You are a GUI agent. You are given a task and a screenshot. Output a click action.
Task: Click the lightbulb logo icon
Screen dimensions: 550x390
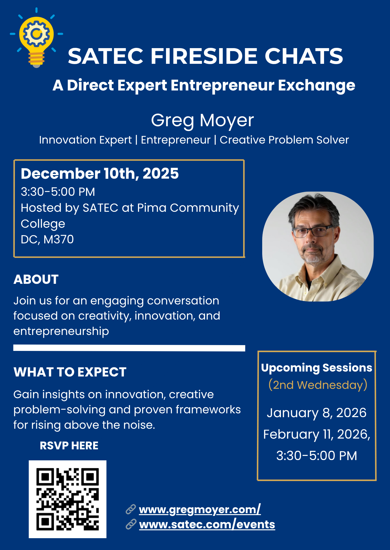(36, 38)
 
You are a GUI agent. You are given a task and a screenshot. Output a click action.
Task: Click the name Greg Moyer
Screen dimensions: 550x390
(202, 120)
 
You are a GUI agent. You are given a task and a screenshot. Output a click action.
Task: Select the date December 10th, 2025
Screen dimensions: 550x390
(100, 174)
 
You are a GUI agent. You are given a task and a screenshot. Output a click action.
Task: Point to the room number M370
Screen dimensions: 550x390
(59, 239)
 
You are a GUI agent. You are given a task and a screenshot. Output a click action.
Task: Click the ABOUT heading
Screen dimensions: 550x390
(36, 279)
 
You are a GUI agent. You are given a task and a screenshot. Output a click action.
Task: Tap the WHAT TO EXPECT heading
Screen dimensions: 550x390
(70, 372)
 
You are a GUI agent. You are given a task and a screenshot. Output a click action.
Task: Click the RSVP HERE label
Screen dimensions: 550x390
(69, 446)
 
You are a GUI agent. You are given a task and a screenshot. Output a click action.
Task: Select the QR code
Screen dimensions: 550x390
(68, 499)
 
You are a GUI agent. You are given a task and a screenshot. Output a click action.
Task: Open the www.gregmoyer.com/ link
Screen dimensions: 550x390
(200, 510)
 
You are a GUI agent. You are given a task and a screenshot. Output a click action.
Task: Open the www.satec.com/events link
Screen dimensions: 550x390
(207, 524)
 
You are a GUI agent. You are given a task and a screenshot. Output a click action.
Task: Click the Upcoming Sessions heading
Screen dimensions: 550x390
(317, 368)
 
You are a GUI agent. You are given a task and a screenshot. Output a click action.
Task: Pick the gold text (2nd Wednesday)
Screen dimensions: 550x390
(318, 385)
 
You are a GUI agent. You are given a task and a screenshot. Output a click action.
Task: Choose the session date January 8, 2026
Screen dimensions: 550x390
(317, 413)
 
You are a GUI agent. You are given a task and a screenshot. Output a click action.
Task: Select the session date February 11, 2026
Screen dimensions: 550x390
(317, 434)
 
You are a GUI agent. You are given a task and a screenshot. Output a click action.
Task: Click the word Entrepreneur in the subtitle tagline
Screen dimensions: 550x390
(176, 140)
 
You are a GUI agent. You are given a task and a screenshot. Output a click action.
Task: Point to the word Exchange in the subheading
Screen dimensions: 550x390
(317, 85)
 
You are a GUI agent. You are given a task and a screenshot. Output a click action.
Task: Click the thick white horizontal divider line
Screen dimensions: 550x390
(129, 348)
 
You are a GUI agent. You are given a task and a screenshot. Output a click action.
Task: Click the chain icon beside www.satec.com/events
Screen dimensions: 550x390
(131, 524)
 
